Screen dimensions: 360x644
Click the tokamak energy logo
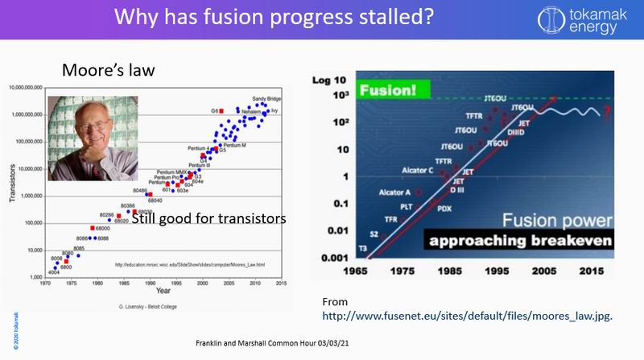(x=591, y=19)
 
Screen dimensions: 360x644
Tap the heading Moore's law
(x=109, y=72)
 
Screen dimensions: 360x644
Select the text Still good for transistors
(x=208, y=219)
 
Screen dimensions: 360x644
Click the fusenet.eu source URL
(x=467, y=316)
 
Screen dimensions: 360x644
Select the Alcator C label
(x=419, y=170)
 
